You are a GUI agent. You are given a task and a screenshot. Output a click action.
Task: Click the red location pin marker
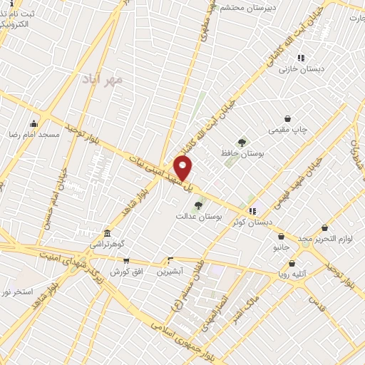(183, 168)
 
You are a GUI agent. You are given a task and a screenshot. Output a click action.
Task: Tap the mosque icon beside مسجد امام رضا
(33, 124)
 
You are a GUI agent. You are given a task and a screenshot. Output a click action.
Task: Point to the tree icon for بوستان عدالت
(197, 205)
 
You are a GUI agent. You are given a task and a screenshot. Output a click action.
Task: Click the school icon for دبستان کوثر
(252, 211)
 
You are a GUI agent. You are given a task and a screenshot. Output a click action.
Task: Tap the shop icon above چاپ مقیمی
(287, 118)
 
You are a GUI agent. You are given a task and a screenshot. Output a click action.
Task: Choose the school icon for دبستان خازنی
(301, 58)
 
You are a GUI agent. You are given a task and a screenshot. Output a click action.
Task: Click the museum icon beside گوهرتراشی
(107, 233)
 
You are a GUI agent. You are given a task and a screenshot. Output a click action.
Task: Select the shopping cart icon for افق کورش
(126, 261)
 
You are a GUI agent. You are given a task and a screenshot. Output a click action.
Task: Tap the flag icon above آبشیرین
(170, 260)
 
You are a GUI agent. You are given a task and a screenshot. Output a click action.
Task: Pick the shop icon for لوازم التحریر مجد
(324, 228)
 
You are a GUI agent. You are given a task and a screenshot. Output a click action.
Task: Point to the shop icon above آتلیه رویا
(292, 263)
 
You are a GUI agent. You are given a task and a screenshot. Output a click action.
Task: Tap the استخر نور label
(16, 292)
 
